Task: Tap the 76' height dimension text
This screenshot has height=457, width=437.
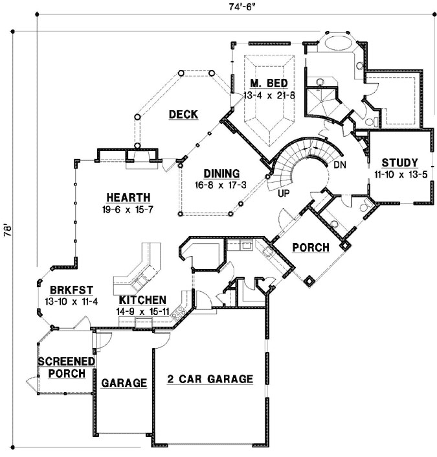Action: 6,233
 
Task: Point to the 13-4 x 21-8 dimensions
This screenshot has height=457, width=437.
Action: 267,95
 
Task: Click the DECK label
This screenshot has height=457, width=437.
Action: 183,115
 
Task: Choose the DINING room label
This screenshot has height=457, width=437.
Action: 221,174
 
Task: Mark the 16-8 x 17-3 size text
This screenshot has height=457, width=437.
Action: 221,185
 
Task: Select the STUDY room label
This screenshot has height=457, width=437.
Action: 399,163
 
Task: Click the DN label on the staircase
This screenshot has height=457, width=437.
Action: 341,165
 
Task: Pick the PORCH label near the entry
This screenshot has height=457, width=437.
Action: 311,248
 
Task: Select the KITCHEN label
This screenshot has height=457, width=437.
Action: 142,301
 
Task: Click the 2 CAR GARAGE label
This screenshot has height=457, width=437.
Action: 210,379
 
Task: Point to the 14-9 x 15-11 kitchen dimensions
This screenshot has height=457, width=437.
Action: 142,312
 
